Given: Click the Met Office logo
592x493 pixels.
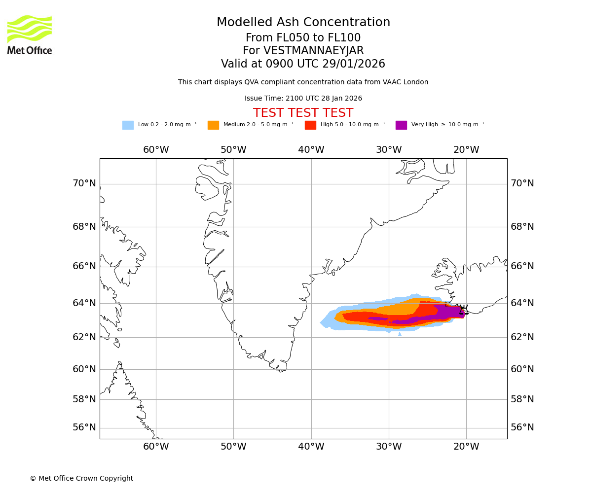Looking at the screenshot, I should (30, 35).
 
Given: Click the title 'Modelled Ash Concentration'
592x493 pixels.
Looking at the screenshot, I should (303, 23).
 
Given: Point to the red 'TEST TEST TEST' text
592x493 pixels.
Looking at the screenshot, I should (303, 113).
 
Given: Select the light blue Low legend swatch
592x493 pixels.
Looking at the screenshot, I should (128, 125).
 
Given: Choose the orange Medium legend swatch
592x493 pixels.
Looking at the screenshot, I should (213, 125).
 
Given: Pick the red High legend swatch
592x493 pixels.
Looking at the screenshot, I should (310, 125).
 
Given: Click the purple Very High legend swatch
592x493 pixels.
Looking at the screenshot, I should (401, 125).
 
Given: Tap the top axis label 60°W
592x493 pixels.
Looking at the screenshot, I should (156, 150).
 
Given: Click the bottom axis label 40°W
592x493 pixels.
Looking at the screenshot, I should (311, 447).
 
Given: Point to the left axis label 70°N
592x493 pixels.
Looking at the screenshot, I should (84, 183).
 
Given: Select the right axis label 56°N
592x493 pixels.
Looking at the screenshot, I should (522, 427).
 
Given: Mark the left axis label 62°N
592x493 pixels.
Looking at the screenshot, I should (84, 337).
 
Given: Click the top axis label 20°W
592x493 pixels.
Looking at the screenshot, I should (466, 150).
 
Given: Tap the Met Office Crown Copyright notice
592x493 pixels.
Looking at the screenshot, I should (81, 479).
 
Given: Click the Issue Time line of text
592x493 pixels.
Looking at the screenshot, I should (303, 99).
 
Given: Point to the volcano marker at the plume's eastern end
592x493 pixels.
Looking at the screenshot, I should (463, 310).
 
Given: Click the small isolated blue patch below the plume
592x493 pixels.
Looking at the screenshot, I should (400, 334).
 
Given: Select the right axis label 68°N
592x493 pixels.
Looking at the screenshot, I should (522, 227).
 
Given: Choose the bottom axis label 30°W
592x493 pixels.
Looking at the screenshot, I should (389, 447).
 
